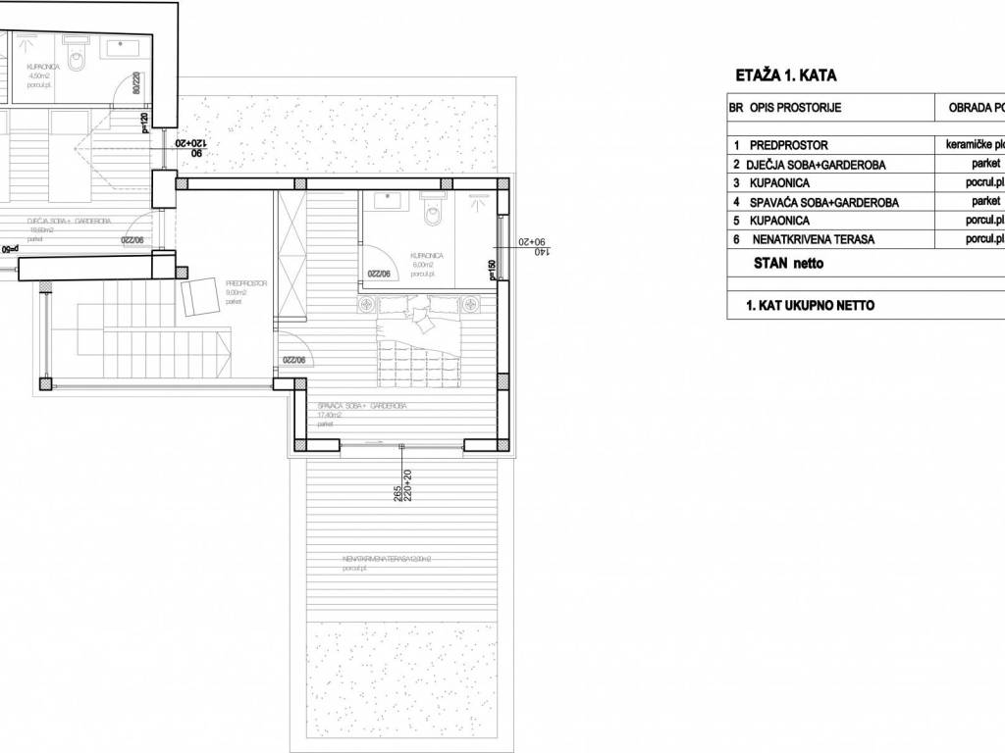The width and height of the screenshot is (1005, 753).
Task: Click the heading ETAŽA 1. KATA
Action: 785,75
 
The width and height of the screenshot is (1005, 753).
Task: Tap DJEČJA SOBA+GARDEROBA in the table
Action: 816,165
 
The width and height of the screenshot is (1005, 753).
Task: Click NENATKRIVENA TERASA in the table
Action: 812,238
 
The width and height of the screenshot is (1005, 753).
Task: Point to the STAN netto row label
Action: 789,263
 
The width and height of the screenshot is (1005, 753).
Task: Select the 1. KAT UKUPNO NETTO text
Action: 810,305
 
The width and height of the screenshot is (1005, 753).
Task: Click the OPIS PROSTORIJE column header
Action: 796,107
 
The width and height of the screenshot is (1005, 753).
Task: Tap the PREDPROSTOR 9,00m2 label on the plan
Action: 242,291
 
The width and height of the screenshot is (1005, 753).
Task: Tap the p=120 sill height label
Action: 145,124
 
